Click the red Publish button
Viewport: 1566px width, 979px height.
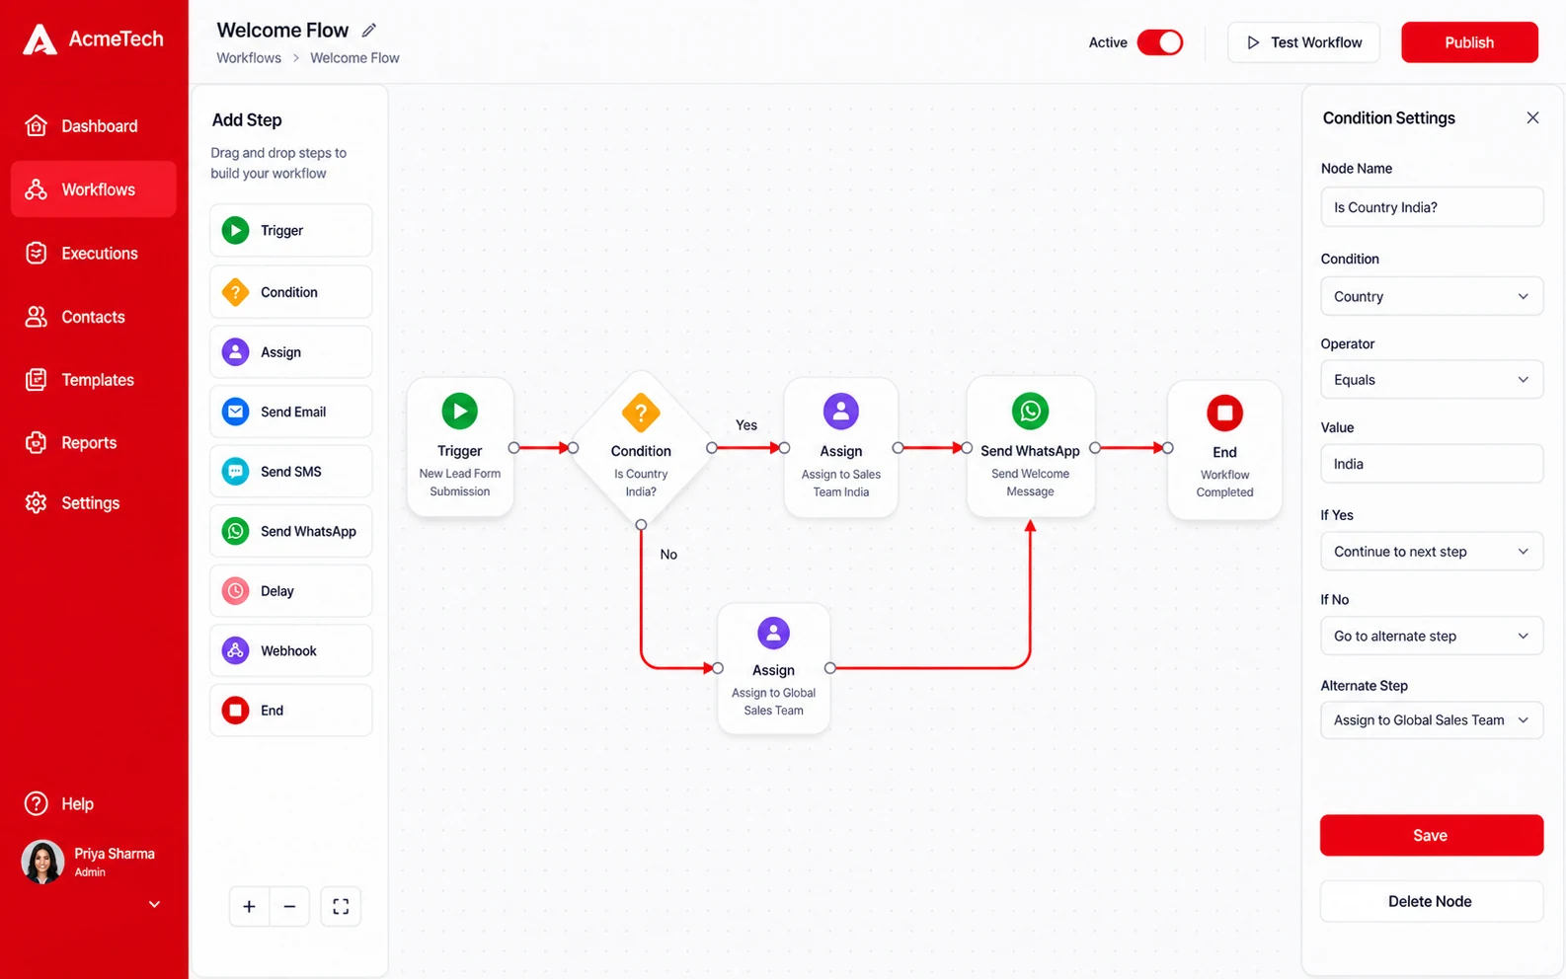point(1469,41)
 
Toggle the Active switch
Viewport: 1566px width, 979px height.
point(1160,41)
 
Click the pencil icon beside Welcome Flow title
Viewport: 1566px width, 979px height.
point(368,30)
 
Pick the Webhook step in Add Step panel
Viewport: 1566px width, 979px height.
point(291,650)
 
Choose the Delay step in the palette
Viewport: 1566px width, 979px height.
point(291,590)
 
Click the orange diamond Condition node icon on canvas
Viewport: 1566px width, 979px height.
point(641,413)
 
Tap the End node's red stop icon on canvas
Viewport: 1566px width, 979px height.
point(1224,413)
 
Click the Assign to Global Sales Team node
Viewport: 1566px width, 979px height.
point(773,668)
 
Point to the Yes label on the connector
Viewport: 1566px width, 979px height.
point(745,425)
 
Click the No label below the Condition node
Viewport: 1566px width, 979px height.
point(668,554)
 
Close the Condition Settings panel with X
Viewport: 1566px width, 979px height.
point(1532,117)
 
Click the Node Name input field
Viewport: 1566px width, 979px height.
point(1432,207)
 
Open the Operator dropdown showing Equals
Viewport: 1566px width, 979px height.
point(1432,379)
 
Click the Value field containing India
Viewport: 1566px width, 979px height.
point(1432,463)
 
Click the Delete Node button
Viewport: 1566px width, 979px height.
point(1431,901)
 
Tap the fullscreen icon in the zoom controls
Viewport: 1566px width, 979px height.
point(341,906)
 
